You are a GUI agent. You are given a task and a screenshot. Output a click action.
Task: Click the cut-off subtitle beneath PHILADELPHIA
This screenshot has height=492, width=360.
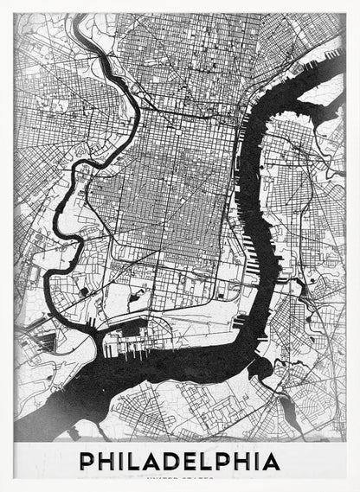coord(181,477)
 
